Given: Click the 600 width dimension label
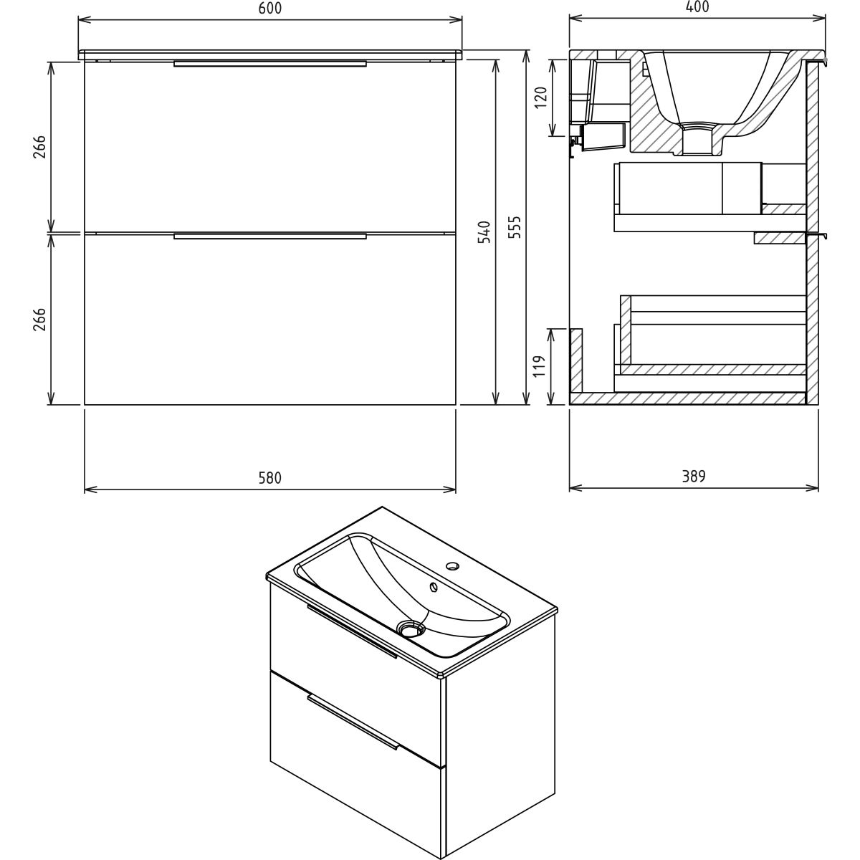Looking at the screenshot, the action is (270, 9).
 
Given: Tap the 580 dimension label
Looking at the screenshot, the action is (270, 478).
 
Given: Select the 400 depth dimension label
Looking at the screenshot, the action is (697, 6).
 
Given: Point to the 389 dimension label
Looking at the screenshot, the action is (694, 477).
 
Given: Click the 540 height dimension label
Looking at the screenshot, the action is (484, 231).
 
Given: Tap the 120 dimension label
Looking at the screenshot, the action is (540, 97).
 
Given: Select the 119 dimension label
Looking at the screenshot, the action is (540, 366).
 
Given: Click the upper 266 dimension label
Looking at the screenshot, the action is (39, 146).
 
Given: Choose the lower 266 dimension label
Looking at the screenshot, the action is (39, 319).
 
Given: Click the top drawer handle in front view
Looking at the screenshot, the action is (270, 63).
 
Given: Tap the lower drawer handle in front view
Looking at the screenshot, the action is (270, 236).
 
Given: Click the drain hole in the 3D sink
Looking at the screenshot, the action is (411, 629).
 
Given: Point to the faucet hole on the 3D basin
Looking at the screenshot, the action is (452, 566).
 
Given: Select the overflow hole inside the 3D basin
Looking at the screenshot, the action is (432, 586).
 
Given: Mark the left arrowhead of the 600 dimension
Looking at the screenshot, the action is (84, 19).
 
